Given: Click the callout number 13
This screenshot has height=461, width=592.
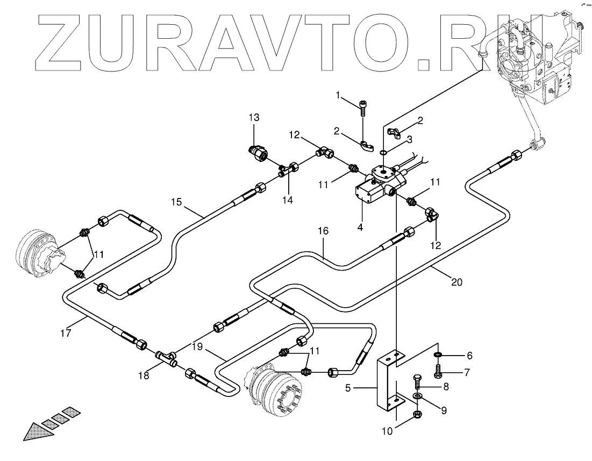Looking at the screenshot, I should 254,117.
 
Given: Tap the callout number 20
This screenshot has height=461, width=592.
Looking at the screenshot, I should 456,282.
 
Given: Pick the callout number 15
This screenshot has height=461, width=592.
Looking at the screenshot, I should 177,202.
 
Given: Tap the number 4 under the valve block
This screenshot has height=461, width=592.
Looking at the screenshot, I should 360,227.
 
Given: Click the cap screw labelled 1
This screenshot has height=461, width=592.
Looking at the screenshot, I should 364,107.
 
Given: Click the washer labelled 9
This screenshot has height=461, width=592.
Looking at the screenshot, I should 417,396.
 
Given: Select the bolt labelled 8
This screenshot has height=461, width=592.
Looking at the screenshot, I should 417,382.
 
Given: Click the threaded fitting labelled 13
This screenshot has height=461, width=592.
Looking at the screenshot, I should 259,154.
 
